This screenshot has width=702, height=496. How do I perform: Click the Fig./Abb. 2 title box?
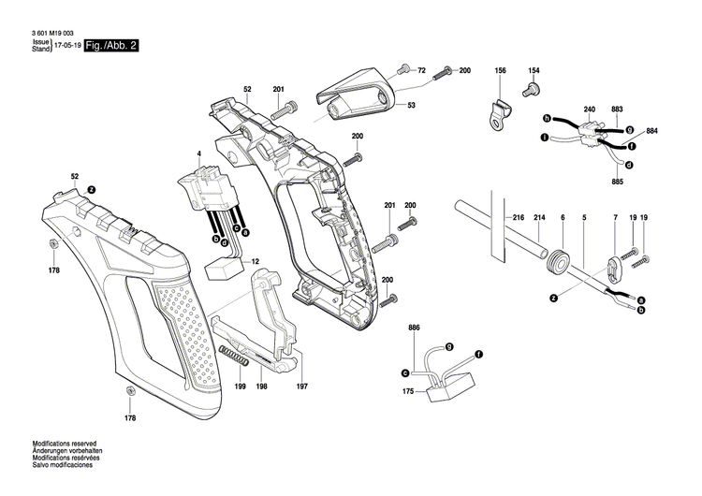[x=111, y=46]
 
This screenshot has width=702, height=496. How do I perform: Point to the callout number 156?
[x=500, y=71]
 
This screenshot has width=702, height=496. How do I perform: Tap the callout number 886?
[x=414, y=328]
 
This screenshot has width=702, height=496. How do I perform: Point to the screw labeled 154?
[x=533, y=89]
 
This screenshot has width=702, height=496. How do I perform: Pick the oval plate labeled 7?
[x=614, y=268]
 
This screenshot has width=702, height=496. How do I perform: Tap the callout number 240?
[x=589, y=110]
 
